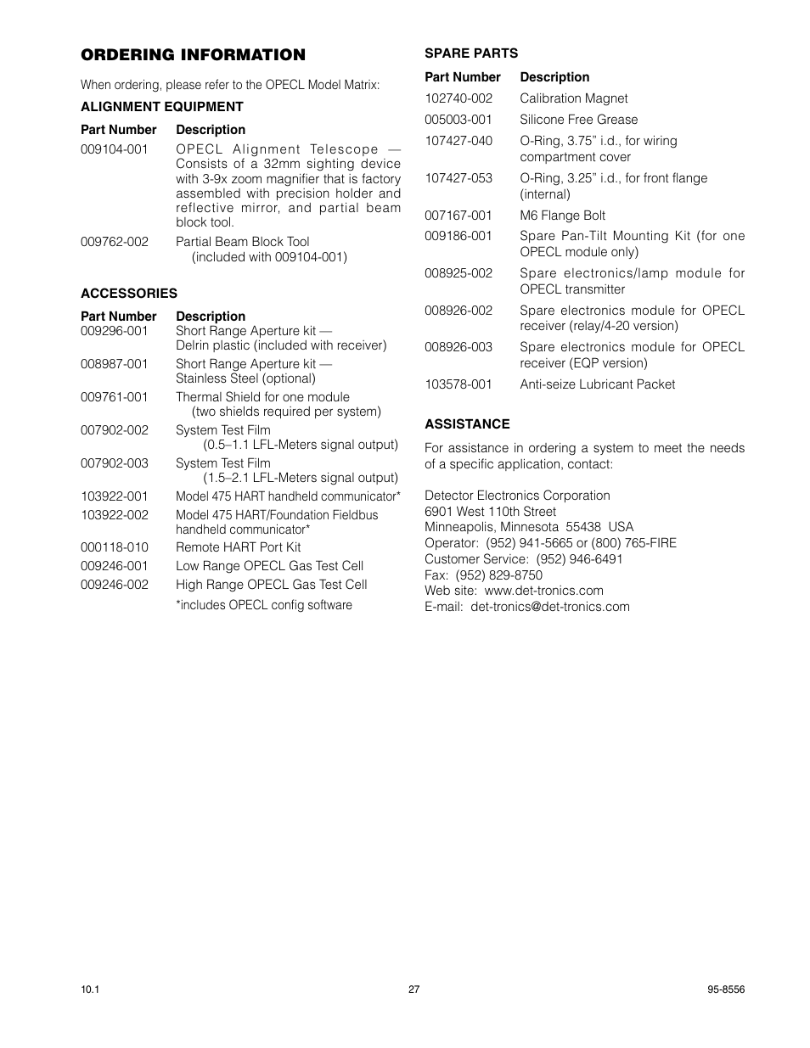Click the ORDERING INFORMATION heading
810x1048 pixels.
(x=193, y=55)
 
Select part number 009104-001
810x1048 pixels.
(x=115, y=149)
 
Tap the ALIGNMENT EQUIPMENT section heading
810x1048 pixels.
(x=161, y=107)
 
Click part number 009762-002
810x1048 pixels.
(x=115, y=242)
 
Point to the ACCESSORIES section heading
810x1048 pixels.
(x=129, y=294)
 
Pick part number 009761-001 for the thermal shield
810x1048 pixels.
(x=115, y=397)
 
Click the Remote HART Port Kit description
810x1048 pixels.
(x=238, y=547)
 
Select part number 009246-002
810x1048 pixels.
(x=115, y=585)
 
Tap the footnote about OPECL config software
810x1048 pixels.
(x=263, y=605)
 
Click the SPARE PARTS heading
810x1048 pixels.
(x=470, y=53)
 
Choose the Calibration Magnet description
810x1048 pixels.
(x=573, y=98)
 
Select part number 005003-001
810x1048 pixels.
(x=458, y=120)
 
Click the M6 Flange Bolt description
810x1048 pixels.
(x=562, y=216)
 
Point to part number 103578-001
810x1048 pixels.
(x=458, y=384)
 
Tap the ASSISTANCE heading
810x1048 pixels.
(x=467, y=424)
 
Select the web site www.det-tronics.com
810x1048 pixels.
(x=543, y=591)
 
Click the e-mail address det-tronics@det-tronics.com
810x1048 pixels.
(x=550, y=607)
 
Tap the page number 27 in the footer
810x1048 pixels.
(x=413, y=989)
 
